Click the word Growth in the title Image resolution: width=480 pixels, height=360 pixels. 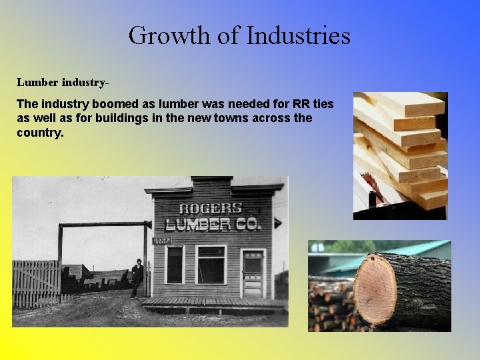(171, 35)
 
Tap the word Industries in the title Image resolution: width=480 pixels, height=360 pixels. (298, 35)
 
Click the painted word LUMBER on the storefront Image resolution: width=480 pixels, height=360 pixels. (198, 225)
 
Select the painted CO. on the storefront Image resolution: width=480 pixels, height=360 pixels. (248, 224)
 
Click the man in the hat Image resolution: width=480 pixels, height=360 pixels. (137, 277)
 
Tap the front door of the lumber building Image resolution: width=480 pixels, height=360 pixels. (253, 275)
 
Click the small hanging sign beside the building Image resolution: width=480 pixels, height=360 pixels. (161, 241)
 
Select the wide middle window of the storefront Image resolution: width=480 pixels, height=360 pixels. (211, 265)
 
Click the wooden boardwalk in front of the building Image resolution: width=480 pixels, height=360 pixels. (213, 305)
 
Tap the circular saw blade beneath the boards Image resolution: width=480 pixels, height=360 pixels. (374, 187)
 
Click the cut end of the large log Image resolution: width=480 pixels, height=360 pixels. (375, 288)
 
